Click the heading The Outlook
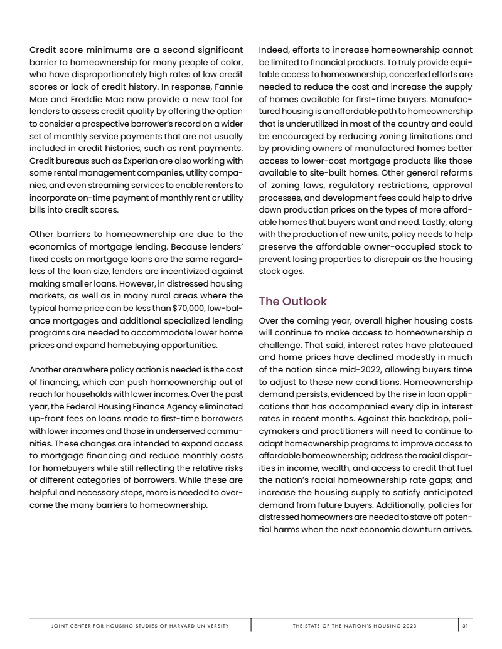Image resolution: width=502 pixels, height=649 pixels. (x=292, y=302)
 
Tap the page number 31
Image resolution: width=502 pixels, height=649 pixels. (x=465, y=626)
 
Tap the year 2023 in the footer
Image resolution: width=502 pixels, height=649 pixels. (x=408, y=626)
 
